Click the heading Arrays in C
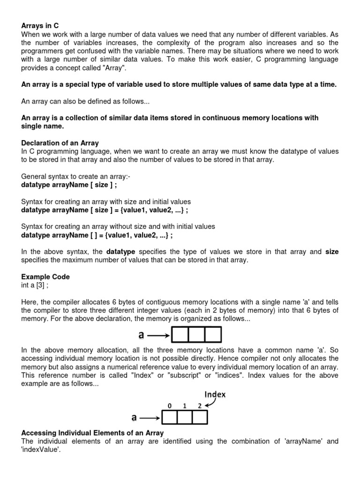coord(40,26)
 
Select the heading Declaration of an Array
coord(60,142)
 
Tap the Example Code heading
coord(45,277)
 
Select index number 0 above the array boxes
coord(168,406)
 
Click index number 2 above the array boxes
coord(200,406)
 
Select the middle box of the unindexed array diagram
coord(196,335)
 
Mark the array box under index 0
coord(169,417)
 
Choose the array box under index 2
coord(199,417)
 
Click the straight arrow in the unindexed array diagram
coord(161,335)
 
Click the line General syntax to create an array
coord(70,176)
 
